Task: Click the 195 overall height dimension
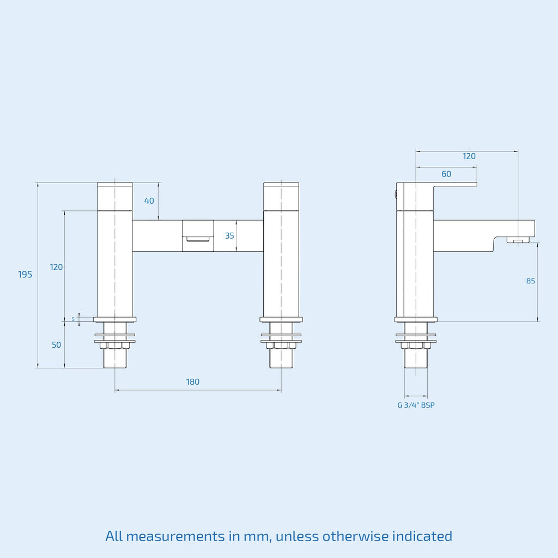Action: [x=25, y=275]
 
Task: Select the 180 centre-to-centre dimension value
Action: [x=193, y=382]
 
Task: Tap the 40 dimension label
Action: [x=149, y=201]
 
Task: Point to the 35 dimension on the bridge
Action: [x=229, y=235]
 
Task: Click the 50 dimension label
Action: [x=56, y=345]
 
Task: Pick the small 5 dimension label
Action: [x=74, y=319]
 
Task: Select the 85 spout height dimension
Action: [x=531, y=281]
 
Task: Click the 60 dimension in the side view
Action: [x=446, y=174]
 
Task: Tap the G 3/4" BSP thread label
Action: [x=416, y=405]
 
